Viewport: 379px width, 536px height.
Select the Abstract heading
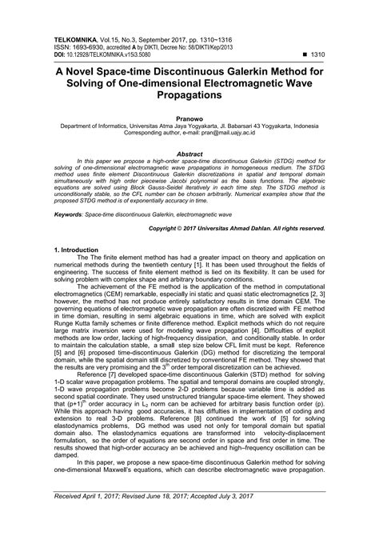click(x=189, y=151)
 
